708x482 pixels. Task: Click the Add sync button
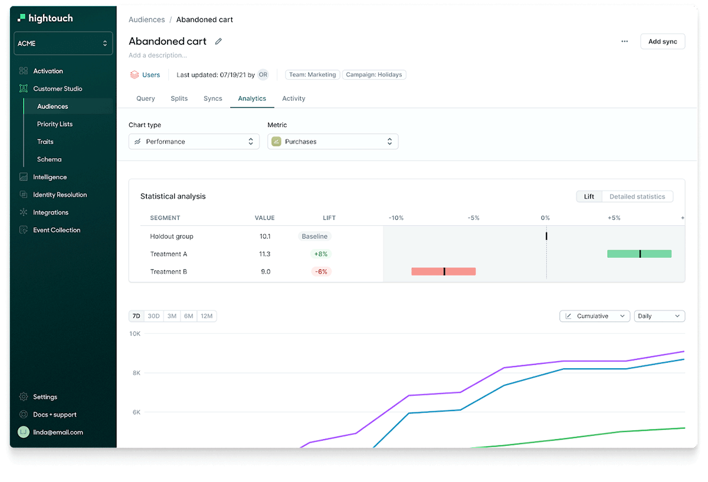point(663,41)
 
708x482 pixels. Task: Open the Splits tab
point(179,99)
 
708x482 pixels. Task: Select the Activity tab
point(293,99)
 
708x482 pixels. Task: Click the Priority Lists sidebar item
point(55,124)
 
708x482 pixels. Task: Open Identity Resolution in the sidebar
point(60,195)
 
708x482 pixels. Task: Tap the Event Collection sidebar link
point(57,230)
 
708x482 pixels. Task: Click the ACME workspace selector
point(63,43)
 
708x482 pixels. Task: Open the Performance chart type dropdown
point(194,142)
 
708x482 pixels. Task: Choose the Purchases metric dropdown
point(333,142)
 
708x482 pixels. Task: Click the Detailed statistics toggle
point(637,196)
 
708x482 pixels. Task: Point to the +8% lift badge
point(321,254)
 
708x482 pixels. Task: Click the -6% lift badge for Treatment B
point(321,271)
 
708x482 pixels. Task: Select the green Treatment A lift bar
point(639,254)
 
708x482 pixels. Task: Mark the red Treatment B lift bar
point(443,271)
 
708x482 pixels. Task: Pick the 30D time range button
point(153,316)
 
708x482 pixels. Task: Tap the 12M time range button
point(206,316)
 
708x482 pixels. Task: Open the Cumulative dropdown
point(595,316)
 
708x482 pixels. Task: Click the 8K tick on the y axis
point(136,373)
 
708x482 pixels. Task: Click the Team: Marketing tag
point(312,75)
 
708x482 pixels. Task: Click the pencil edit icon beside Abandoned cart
point(218,41)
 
